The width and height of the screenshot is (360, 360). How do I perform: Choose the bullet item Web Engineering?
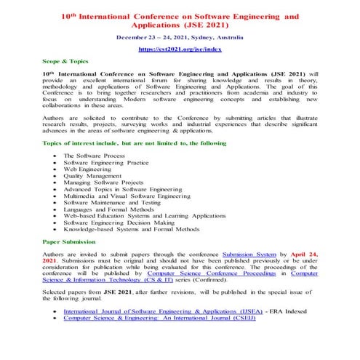[91, 169]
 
